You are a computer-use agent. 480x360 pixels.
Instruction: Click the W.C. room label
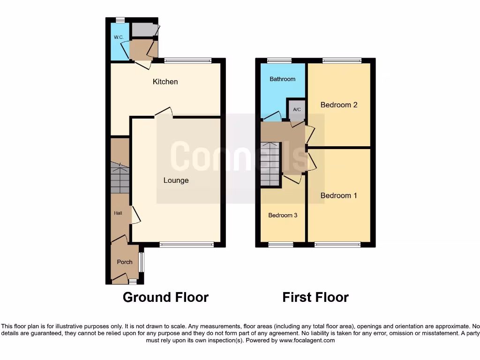116,37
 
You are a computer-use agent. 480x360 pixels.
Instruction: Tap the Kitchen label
165,82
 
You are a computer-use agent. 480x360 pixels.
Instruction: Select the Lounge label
176,180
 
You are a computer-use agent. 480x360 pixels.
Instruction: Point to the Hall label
118,213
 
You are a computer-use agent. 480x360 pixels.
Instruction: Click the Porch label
125,262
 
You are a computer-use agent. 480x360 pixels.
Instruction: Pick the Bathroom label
282,79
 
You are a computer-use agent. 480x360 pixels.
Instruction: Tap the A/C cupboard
296,110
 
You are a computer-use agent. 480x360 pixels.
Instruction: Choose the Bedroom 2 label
339,105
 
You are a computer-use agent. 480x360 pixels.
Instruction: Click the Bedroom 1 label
339,195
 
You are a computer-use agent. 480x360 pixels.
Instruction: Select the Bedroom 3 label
282,215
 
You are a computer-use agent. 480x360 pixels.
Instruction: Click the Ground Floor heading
165,297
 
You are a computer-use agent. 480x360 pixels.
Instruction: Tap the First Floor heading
315,297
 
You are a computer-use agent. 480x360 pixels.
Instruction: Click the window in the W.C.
120,20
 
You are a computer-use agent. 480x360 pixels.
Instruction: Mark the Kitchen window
188,60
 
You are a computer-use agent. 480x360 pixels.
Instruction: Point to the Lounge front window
187,244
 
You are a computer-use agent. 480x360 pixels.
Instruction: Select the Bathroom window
279,60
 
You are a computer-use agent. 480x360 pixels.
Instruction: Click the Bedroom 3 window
281,244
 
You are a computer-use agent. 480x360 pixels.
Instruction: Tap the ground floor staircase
120,178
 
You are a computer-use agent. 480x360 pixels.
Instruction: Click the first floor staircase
270,164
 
